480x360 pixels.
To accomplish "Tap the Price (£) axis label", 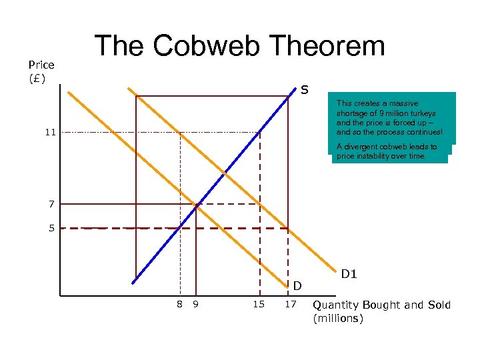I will [x=41, y=71].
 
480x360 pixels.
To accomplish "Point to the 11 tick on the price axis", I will [x=51, y=133].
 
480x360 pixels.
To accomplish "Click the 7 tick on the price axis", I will [x=51, y=203].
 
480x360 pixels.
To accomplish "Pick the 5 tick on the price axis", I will [x=51, y=228].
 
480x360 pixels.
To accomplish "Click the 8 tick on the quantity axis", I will [x=179, y=305].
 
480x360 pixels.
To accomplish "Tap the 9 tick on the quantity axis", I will [x=195, y=305].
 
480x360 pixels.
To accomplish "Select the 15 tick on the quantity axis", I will [x=259, y=305].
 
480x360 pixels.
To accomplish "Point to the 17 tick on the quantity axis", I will [x=290, y=305].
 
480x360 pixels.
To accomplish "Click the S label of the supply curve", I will [x=303, y=89].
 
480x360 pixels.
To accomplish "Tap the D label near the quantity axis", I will [x=298, y=286].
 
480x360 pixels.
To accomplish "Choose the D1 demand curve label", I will [x=349, y=273].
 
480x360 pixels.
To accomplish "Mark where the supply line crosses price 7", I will [x=196, y=204].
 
